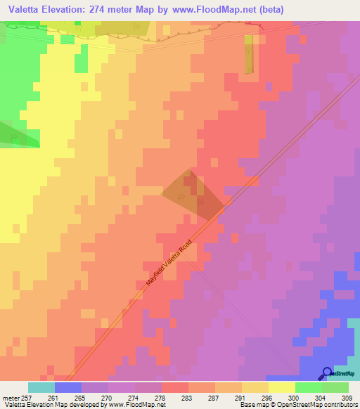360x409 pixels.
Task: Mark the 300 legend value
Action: [295, 396]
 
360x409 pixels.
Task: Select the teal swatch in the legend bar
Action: [41, 387]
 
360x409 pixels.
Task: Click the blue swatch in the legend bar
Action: [68, 387]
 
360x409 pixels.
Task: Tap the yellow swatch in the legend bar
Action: [282, 387]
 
